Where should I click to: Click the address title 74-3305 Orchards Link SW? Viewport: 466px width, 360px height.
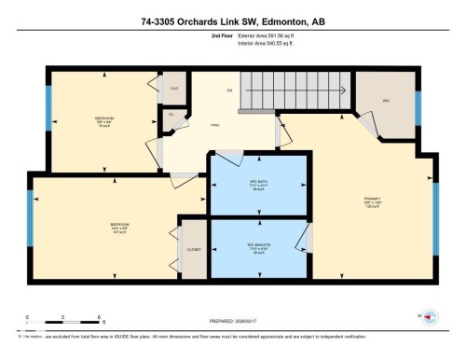coord(233,21)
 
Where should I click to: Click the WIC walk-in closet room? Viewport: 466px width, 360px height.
coord(384,101)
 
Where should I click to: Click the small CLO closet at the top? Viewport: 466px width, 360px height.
coord(172,88)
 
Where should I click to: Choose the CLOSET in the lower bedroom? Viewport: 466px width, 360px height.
coord(195,250)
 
